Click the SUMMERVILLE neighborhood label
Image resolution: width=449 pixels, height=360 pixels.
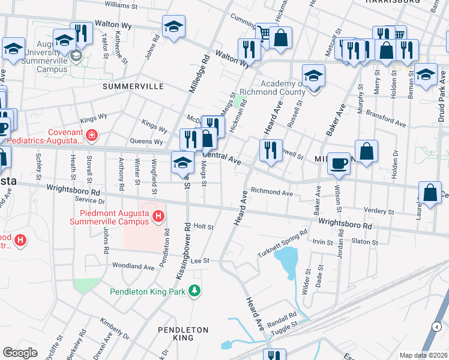(x=133, y=86)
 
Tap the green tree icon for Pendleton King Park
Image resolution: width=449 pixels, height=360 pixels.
(x=194, y=292)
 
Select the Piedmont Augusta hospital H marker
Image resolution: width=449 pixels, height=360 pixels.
(x=158, y=216)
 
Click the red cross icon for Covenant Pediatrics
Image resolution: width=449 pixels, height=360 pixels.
(x=91, y=135)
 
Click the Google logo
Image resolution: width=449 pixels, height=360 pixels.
(x=20, y=353)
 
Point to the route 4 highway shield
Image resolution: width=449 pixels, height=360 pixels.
(x=436, y=326)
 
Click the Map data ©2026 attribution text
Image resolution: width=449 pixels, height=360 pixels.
(x=423, y=355)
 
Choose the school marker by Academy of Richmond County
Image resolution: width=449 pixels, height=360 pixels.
(x=313, y=76)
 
